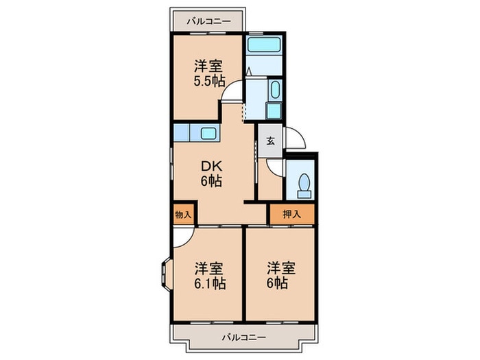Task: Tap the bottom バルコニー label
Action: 243,337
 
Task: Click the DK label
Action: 211,166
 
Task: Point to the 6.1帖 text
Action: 209,283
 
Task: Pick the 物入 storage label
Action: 183,215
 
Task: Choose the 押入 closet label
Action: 291,215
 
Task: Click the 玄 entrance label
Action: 270,141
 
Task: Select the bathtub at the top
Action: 265,46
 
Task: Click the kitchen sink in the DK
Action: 208,134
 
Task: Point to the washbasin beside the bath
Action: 274,91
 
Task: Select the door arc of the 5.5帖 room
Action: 232,91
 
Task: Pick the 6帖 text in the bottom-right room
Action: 281,283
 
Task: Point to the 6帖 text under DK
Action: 211,182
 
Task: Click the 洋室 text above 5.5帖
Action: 209,67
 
